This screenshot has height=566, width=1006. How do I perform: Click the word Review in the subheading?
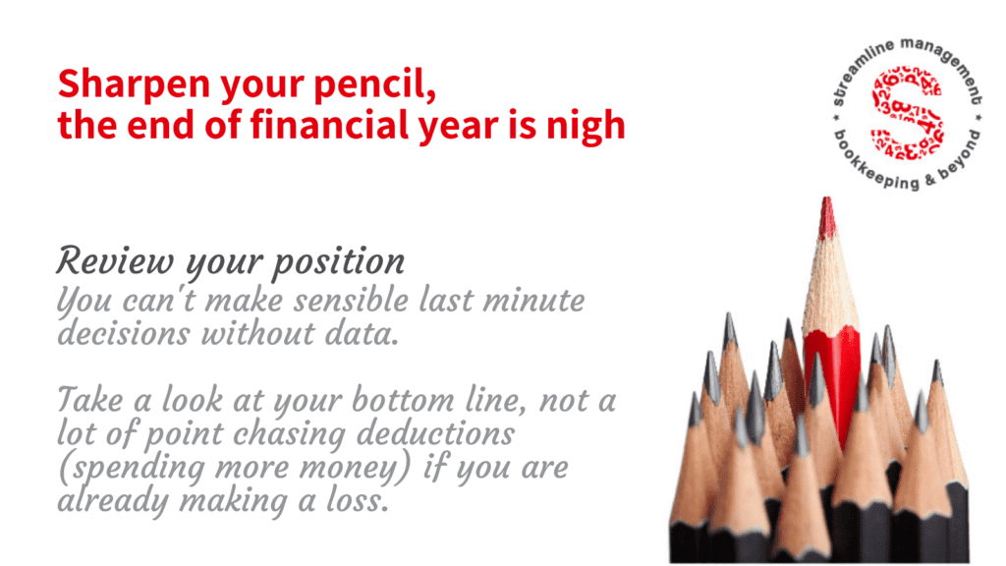coord(115,261)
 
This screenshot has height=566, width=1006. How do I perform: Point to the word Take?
coord(89,400)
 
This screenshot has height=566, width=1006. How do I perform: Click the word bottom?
coord(402,400)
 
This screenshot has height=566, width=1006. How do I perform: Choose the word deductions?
coord(435,433)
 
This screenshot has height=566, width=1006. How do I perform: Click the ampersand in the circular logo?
coord(930,182)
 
